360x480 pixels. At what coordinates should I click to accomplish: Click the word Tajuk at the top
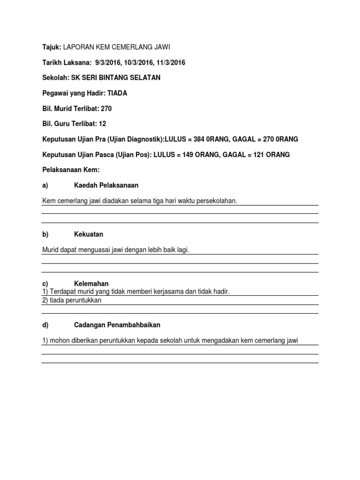(52, 47)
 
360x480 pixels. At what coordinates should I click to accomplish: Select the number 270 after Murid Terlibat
(106, 108)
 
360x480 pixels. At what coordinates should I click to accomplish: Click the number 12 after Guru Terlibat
(103, 124)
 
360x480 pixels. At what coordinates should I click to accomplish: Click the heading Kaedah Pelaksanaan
(106, 185)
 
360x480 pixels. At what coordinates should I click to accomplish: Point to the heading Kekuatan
(89, 234)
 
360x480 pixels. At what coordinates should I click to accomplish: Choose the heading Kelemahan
(91, 284)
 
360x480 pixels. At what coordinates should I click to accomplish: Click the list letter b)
(45, 234)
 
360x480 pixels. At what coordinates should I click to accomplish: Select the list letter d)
(45, 325)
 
